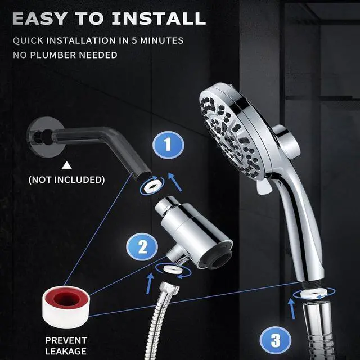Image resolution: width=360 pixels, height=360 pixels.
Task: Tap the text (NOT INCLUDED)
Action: point(67,180)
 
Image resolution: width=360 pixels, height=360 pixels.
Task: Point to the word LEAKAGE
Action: point(66,352)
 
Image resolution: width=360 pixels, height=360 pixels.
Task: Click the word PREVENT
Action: point(66,340)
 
